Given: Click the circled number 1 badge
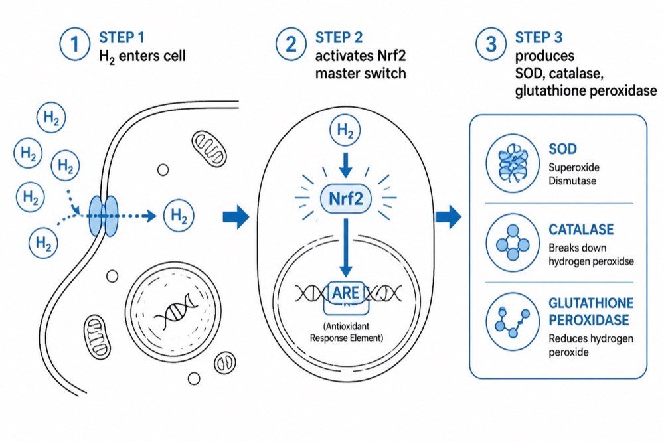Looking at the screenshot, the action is point(75,44).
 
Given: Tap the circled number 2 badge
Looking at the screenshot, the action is point(291,44).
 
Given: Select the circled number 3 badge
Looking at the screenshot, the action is point(491,44).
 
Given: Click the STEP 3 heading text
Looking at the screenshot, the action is point(539,38).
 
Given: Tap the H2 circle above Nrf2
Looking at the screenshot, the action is point(345,130).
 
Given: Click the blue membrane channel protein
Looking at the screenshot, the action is point(103,216).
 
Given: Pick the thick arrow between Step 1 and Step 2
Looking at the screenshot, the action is point(236,216).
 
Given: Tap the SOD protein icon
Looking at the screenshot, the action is point(513,163).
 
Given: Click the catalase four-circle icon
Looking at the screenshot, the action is point(513,243).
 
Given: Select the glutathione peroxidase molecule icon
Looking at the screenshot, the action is point(513,322).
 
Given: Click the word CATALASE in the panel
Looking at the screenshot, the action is point(581,230).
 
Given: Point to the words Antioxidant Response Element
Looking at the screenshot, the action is point(347,332).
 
